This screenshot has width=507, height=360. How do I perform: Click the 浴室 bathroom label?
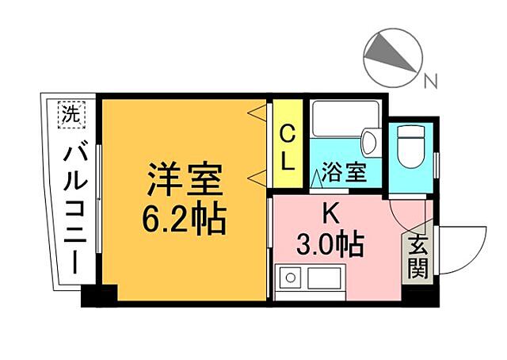344,172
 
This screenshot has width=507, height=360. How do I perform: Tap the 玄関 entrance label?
417,259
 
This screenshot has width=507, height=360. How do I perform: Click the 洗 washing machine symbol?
71,113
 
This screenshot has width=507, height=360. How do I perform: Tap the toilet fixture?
412,147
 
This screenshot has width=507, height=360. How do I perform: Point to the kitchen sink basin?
325,278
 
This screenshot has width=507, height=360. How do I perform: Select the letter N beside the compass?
429,80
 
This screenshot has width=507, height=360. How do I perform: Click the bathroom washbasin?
368,144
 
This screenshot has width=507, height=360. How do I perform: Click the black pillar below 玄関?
420,295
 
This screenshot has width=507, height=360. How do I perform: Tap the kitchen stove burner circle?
290,278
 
